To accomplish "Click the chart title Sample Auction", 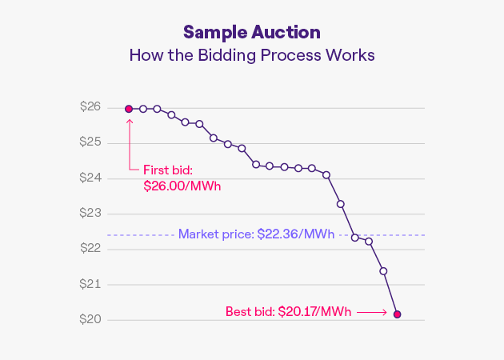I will point(251,32).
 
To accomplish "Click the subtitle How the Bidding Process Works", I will point(251,56).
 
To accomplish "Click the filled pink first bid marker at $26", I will point(129,109).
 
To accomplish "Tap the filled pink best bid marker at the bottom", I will point(397,314).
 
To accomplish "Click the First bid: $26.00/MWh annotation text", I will point(182,178).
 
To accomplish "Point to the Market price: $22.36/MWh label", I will point(256,234).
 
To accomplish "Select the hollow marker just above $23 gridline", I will point(341,204).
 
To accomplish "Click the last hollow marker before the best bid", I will point(383,271).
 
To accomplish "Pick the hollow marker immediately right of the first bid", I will point(143,109).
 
